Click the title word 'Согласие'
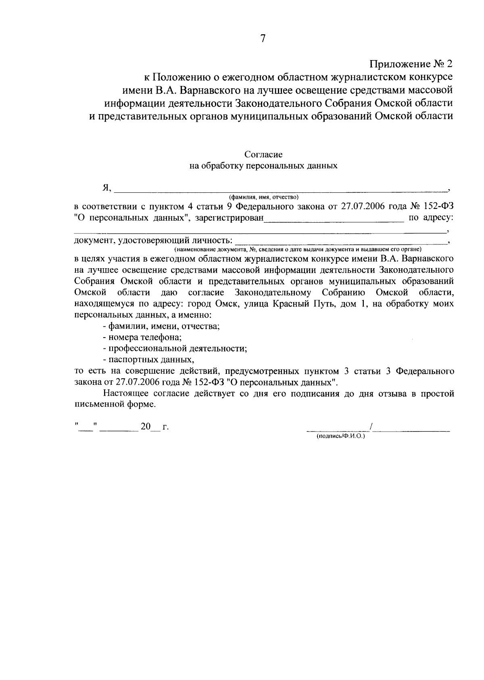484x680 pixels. (263, 154)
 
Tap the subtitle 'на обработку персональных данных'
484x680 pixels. (263, 165)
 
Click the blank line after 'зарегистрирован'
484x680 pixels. (333, 219)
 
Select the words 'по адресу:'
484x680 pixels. (431, 218)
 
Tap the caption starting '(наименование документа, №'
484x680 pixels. (298, 250)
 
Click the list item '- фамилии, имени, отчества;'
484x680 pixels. (161, 326)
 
